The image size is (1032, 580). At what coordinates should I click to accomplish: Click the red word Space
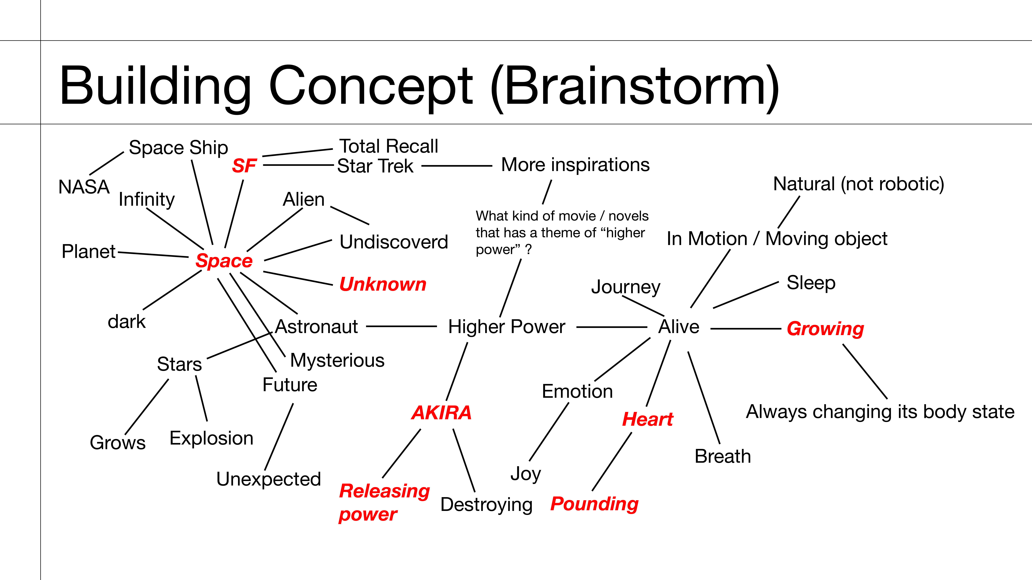pyautogui.click(x=224, y=261)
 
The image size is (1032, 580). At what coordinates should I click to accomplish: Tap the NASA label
pyautogui.click(x=84, y=187)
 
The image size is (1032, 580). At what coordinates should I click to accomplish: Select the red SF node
pyautogui.click(x=244, y=166)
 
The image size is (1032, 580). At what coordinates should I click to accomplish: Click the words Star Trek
pyautogui.click(x=375, y=166)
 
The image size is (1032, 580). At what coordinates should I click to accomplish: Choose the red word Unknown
pyautogui.click(x=383, y=284)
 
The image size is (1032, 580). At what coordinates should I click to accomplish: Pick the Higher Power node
pyautogui.click(x=506, y=327)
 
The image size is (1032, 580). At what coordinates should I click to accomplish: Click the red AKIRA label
pyautogui.click(x=441, y=413)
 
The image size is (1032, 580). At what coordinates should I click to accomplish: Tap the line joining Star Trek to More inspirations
pyautogui.click(x=457, y=166)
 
